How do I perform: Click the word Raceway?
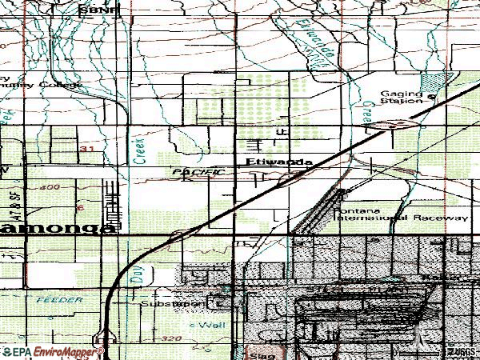click(x=442, y=218)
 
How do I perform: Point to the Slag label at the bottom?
click(x=256, y=352)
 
